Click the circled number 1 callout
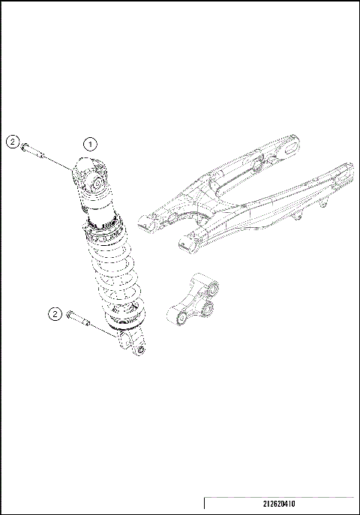(x=91, y=142)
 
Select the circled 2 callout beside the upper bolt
(x=13, y=140)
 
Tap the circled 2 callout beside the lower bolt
(x=54, y=313)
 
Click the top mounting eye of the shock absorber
(x=96, y=182)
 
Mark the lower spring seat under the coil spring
(x=126, y=321)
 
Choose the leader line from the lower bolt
(x=101, y=332)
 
